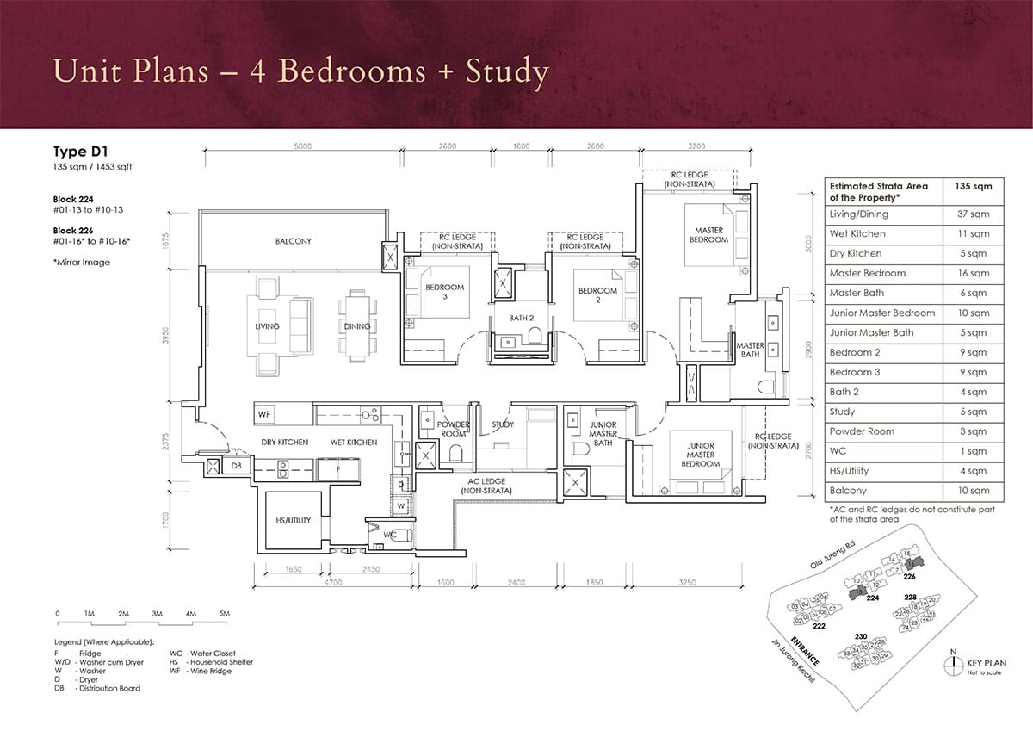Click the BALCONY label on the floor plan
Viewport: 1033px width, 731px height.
pos(294,241)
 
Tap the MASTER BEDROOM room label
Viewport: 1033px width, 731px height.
pos(708,234)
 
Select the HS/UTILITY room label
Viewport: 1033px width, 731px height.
pos(294,521)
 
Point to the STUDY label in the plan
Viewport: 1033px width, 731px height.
pos(503,424)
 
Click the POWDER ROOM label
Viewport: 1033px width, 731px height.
pos(453,429)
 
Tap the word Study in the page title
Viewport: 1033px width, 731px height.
pos(507,73)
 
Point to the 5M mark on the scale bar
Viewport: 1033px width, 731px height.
pos(225,613)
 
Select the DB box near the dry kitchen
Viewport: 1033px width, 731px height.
pos(236,466)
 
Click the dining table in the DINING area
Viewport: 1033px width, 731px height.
pos(356,326)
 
